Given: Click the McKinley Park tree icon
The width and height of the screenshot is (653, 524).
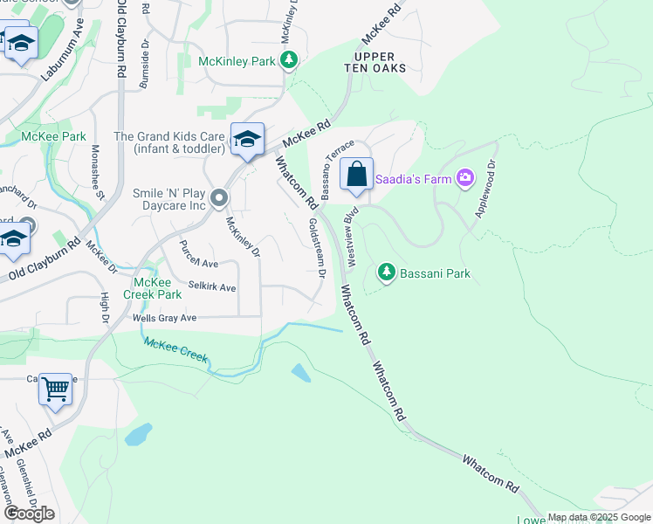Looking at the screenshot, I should tap(289, 60).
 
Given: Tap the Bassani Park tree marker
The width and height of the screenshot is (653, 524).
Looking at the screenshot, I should tap(387, 273).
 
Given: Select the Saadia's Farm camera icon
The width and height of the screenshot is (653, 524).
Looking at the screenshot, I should tap(464, 179).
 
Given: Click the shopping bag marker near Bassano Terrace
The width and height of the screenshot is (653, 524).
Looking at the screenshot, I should tap(357, 174).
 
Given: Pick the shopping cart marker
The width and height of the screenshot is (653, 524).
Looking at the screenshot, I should tap(55, 389).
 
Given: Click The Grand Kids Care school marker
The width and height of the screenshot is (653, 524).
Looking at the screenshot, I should tap(248, 139).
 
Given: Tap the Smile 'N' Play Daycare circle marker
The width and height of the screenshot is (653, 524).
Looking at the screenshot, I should tap(219, 196).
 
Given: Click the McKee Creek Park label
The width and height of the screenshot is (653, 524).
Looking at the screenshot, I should tap(157, 287).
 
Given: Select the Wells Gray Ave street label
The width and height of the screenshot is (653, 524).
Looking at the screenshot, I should tap(164, 319).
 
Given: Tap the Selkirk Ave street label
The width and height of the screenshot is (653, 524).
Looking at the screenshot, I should tap(212, 287).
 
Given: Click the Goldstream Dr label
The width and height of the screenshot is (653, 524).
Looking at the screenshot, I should tap(316, 248).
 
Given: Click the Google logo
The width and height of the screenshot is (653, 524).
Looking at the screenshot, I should tap(29, 514).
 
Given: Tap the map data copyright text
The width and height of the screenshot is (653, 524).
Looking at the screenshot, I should tap(598, 518).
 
